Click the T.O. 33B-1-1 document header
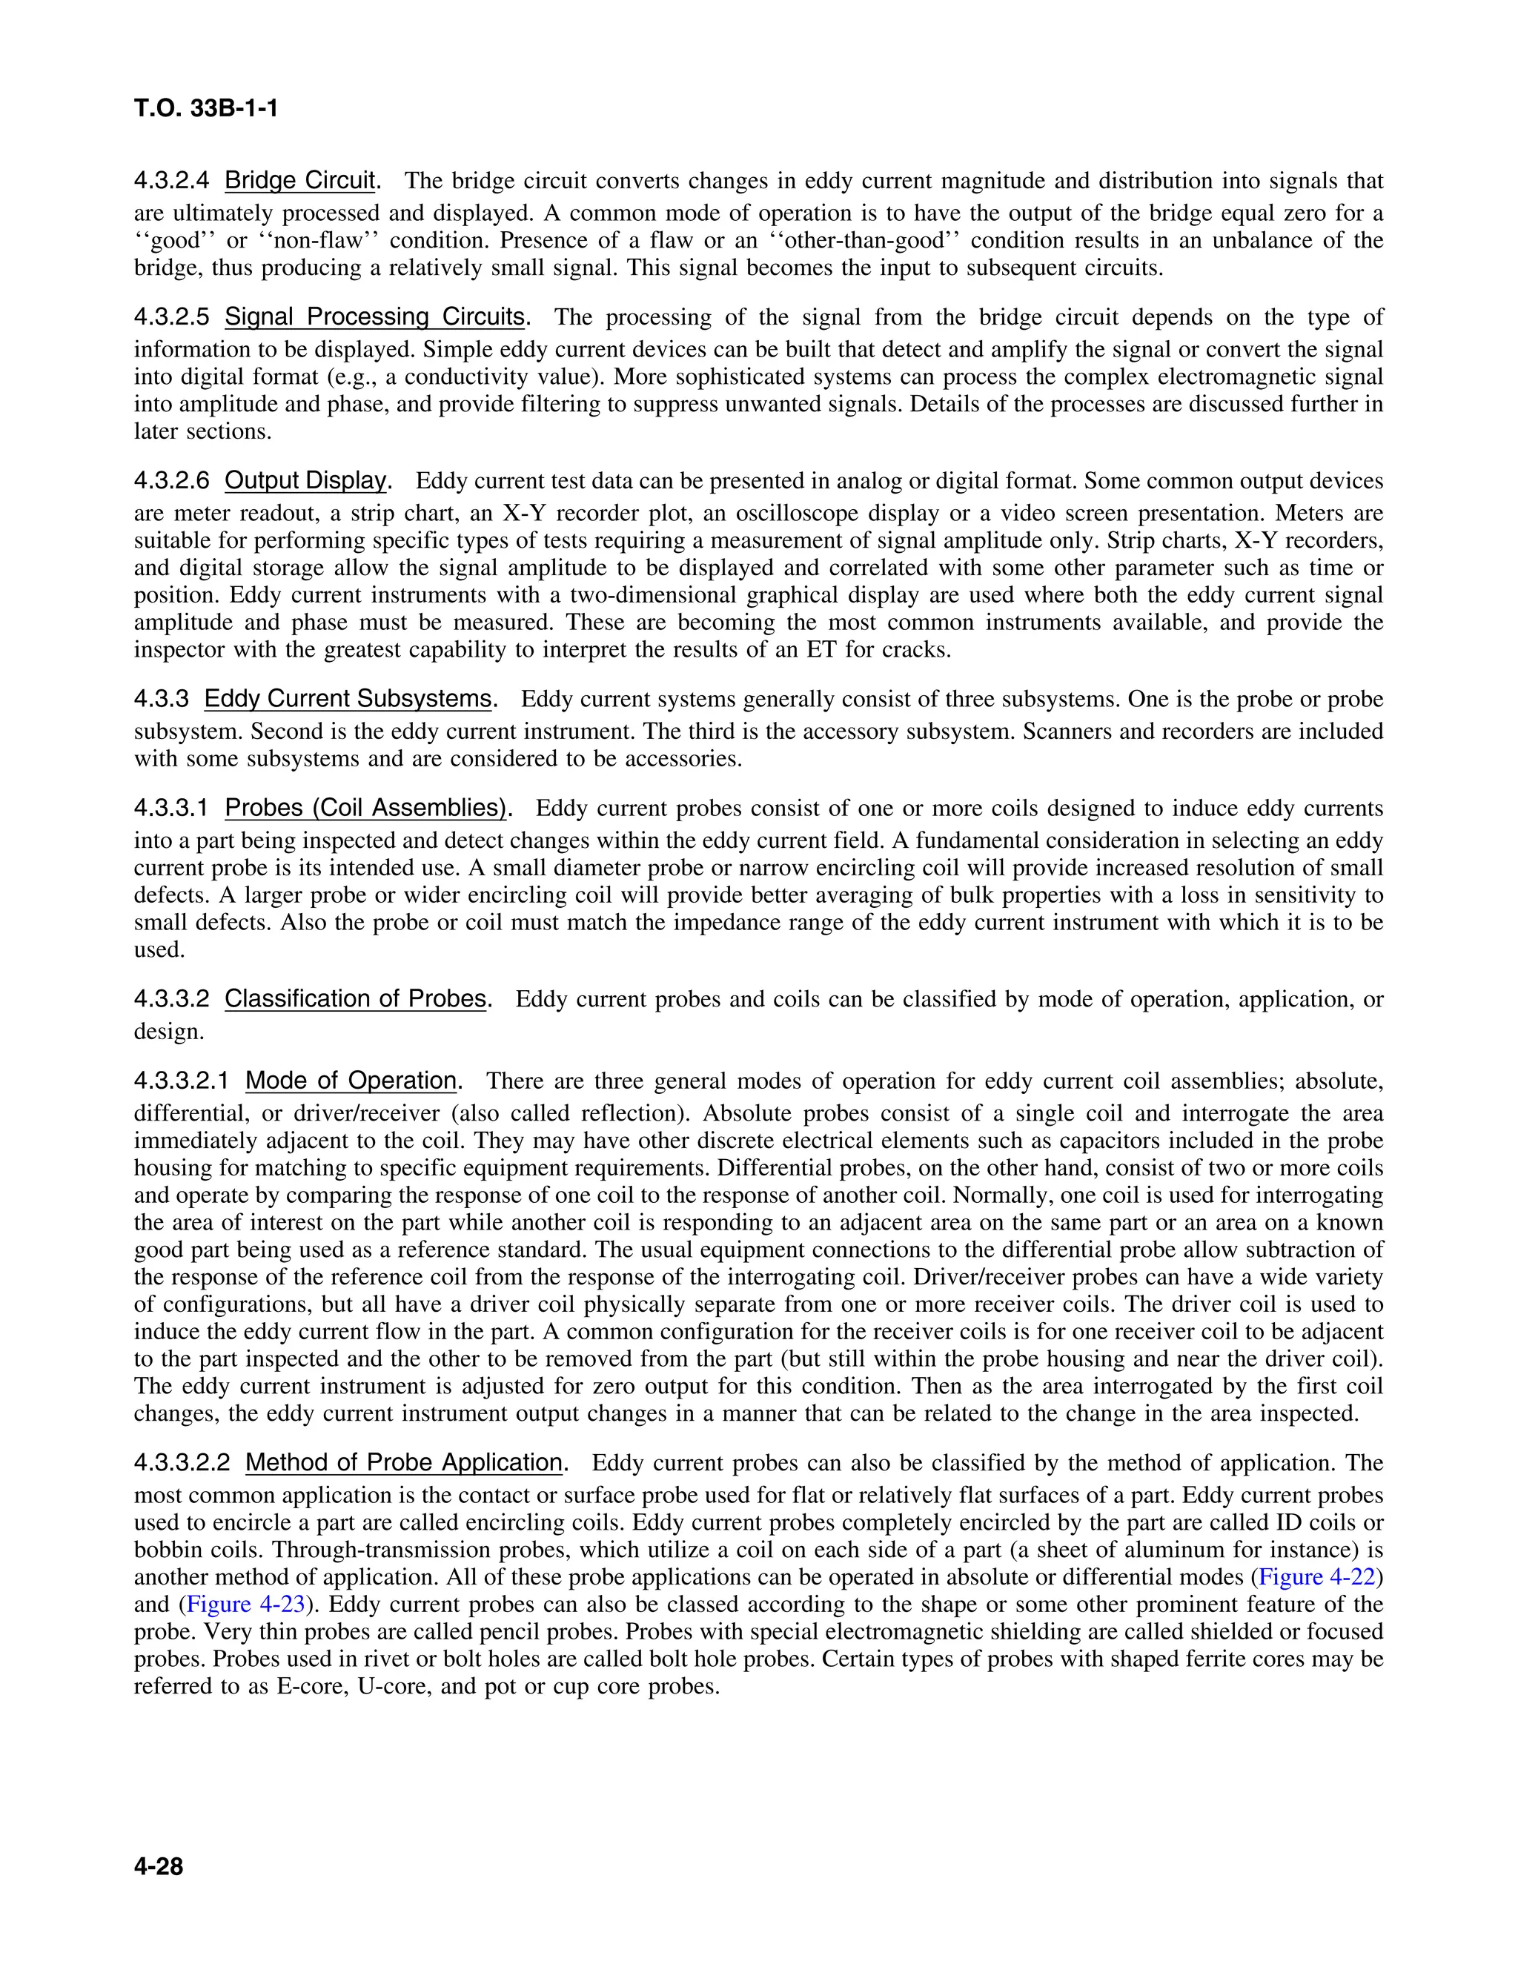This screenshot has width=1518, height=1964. pyautogui.click(x=206, y=109)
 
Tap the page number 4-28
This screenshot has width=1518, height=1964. pyautogui.click(x=159, y=1867)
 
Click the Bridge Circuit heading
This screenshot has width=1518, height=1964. pyautogui.click(x=299, y=181)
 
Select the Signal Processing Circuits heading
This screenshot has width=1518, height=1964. pyautogui.click(x=374, y=316)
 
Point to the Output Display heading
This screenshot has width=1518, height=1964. pyautogui.click(x=305, y=480)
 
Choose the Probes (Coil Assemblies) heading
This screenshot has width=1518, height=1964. pyautogui.click(x=365, y=808)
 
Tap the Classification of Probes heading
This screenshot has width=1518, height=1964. pyautogui.click(x=355, y=998)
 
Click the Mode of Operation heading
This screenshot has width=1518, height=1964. pyautogui.click(x=351, y=1080)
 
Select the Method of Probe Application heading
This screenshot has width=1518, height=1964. pyautogui.click(x=404, y=1462)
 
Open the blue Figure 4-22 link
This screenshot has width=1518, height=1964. pyautogui.click(x=1317, y=1576)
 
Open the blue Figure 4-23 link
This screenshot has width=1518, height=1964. pyautogui.click(x=245, y=1605)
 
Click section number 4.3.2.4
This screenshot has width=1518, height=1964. pyautogui.click(x=172, y=181)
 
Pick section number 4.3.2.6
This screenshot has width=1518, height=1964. pyautogui.click(x=172, y=480)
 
